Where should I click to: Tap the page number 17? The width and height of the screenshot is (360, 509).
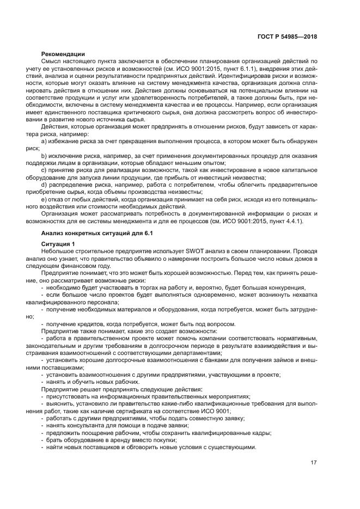click(x=314, y=463)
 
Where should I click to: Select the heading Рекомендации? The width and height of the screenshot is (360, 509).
click(x=63, y=54)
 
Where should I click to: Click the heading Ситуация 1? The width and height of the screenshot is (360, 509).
click(x=58, y=243)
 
